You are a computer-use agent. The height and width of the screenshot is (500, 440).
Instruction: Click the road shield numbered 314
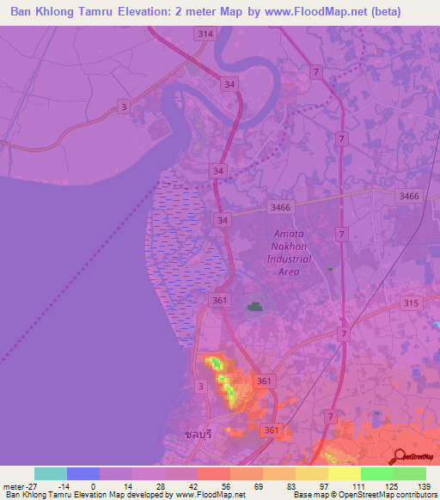click(204, 34)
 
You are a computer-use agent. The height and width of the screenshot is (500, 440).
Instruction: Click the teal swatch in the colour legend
click(51, 473)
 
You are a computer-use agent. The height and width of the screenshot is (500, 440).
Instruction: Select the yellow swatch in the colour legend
click(344, 473)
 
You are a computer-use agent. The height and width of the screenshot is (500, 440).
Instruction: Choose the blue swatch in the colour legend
click(83, 473)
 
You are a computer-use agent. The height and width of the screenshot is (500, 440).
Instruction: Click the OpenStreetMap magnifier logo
click(401, 457)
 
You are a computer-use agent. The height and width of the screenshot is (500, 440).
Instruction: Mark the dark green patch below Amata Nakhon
click(254, 306)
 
